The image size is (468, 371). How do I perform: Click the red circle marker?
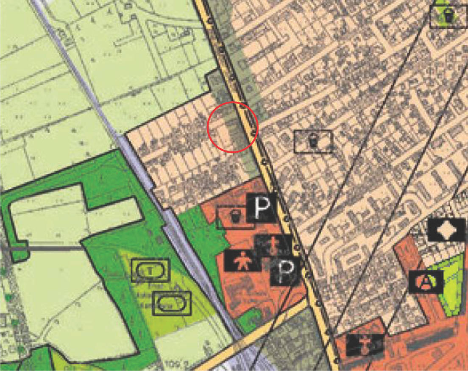(x=232, y=127)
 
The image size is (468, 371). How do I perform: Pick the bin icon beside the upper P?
(x=234, y=217)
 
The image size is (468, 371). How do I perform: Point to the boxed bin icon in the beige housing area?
(x=313, y=141)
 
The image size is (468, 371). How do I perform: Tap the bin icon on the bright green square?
(x=448, y=16)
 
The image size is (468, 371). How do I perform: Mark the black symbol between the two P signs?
(x=273, y=245)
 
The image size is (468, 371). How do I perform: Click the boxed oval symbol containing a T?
(x=150, y=271)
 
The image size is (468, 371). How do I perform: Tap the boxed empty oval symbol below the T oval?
(x=172, y=303)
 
